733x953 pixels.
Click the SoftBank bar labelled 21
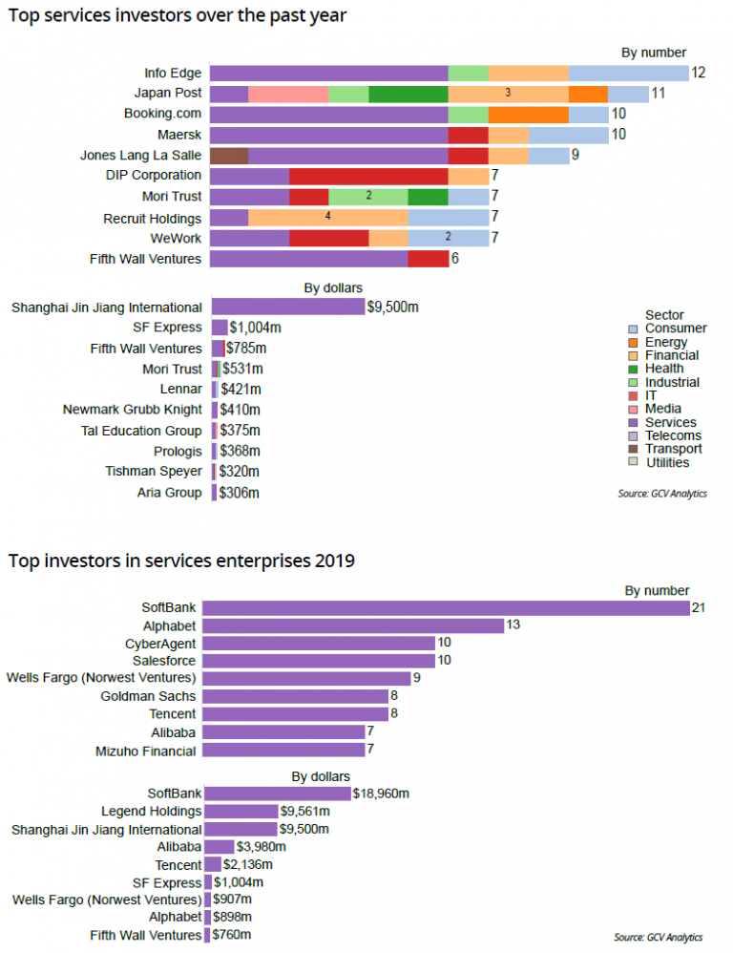446,608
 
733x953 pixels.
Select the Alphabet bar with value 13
353,625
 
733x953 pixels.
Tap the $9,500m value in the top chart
393,307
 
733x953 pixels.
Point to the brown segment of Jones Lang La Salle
229,156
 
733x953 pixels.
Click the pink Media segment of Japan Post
288,94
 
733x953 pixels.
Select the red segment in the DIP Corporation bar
368,176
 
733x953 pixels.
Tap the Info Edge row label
173,74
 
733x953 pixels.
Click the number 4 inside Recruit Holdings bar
327,217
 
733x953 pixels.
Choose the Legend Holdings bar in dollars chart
241,811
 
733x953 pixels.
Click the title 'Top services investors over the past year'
178,16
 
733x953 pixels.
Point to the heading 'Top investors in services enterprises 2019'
181,561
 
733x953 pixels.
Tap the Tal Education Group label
141,431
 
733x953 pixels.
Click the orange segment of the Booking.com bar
528,115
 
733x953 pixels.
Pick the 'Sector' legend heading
664,315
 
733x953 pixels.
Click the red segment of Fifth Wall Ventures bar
428,259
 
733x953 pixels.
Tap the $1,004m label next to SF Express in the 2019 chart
239,882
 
